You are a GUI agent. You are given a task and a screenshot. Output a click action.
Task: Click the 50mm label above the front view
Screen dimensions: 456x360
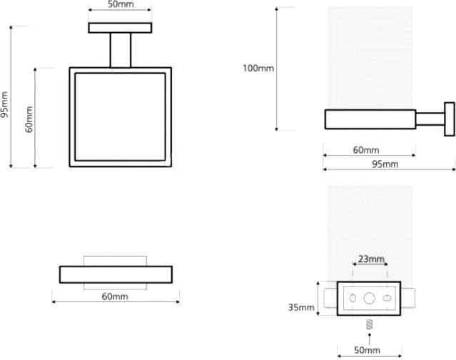121,4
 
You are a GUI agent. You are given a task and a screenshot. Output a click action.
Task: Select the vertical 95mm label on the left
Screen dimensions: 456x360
4,105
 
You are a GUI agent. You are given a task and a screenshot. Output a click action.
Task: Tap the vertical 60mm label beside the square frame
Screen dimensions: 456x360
29,119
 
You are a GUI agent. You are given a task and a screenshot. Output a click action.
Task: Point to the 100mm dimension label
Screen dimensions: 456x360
258,68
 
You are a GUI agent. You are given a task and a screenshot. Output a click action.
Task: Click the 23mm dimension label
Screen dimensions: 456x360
371,259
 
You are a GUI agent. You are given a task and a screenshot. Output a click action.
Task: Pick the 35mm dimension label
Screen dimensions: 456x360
301,307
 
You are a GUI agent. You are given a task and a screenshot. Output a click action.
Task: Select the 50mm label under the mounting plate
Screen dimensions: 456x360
367,350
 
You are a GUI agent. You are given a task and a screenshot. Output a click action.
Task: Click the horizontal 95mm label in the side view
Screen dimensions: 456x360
385,164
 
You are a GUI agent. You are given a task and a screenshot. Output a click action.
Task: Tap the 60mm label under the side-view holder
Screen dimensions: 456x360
366,150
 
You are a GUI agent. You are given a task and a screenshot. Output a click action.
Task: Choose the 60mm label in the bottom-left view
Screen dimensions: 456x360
115,296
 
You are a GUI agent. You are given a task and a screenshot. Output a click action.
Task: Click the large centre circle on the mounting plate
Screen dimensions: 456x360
370,299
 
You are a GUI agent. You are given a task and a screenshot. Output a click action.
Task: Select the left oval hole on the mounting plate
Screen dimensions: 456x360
353,299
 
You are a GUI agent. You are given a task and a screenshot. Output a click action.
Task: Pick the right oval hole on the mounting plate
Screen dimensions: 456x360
387,299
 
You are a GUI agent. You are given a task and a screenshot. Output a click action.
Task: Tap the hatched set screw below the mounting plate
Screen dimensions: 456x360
370,324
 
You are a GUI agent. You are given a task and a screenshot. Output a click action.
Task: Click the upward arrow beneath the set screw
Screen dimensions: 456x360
370,339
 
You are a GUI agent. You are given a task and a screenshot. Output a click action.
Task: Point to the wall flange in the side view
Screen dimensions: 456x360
450,119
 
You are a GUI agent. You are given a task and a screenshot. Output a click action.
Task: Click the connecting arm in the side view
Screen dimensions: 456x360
430,119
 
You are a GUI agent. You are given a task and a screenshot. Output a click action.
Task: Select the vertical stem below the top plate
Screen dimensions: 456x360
121,50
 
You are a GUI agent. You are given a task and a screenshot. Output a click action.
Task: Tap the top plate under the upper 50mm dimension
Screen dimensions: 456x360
120,28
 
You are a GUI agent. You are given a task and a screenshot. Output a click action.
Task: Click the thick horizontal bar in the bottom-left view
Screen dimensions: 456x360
116,274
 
